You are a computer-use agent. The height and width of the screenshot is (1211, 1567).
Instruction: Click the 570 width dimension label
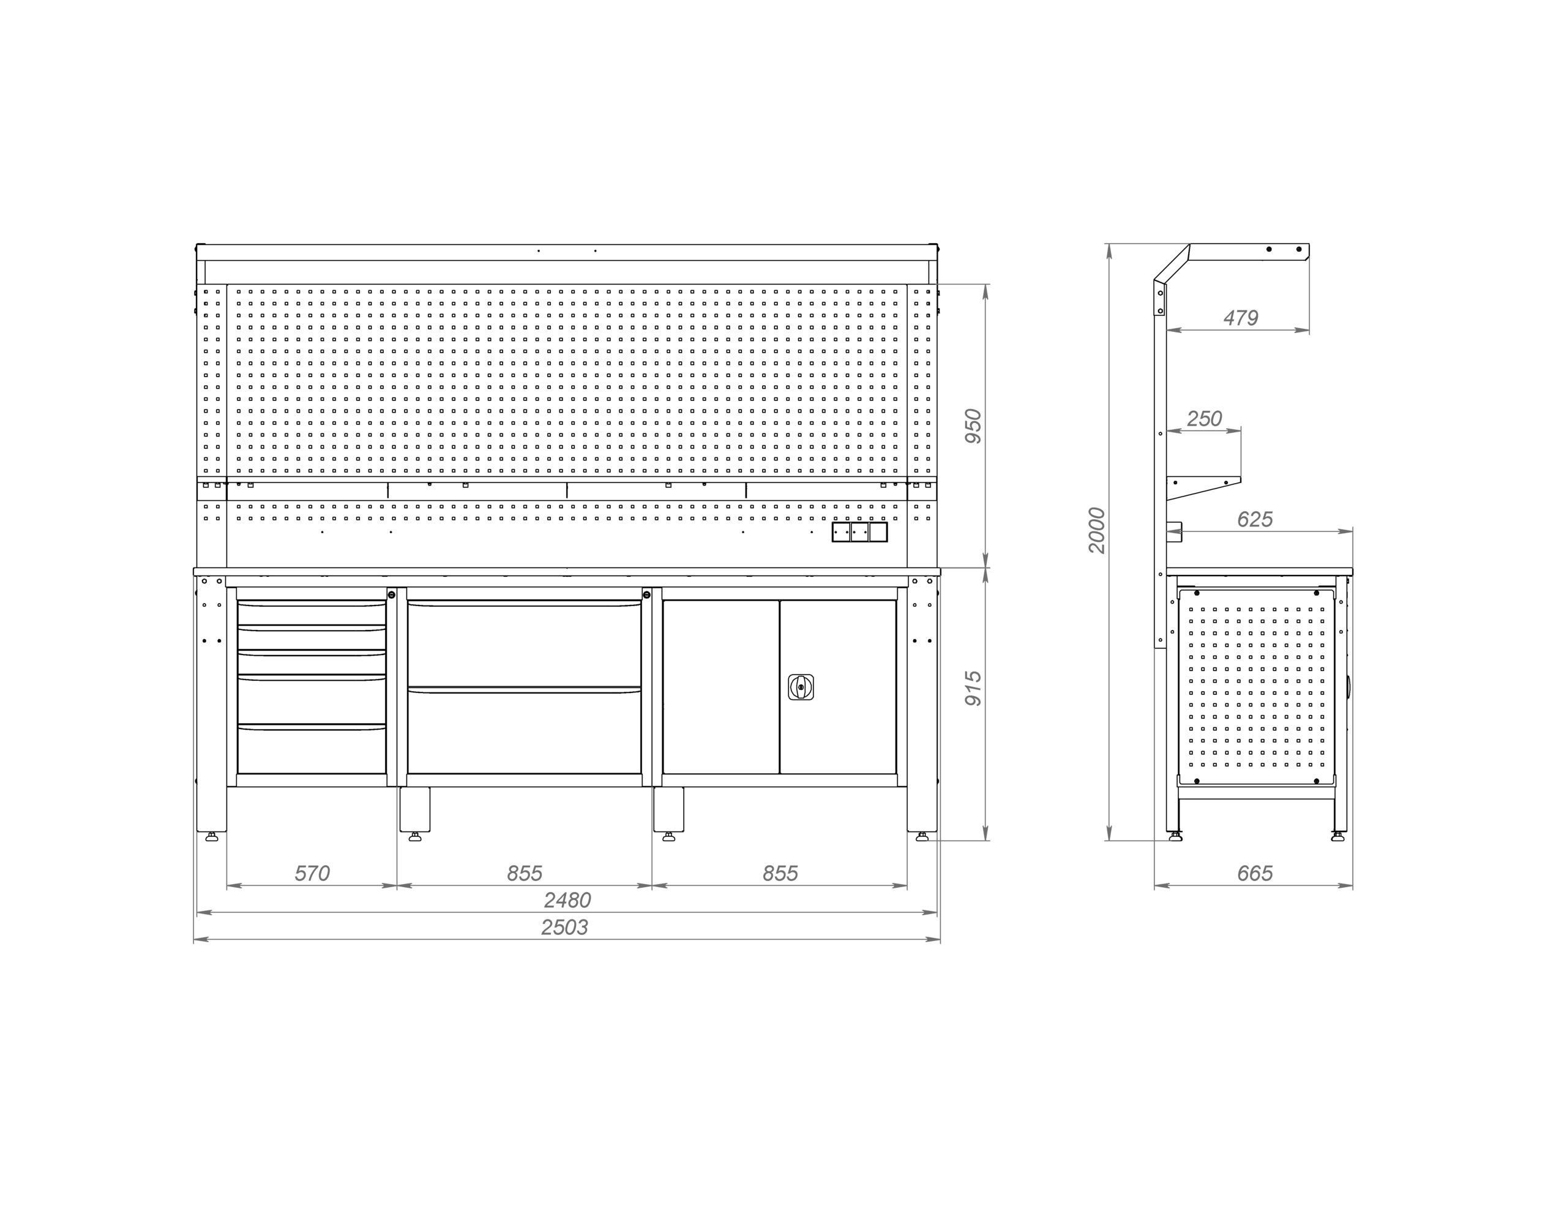pos(312,873)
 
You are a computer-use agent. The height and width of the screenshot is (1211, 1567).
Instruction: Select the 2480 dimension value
pos(567,900)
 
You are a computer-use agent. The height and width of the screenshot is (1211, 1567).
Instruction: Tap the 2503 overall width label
pos(564,928)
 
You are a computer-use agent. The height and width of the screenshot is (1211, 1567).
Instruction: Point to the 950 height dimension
pos(972,426)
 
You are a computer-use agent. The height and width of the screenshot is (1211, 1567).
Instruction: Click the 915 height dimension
pos(972,688)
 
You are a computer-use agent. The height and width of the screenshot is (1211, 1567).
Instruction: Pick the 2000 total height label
pos(1097,530)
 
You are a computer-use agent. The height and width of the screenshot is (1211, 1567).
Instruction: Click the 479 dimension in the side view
pos(1241,317)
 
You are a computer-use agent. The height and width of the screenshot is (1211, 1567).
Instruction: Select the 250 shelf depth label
pos(1204,419)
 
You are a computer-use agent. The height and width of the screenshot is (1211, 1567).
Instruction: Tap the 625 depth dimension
pos(1255,519)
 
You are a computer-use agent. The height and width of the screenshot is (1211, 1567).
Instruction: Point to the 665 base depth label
pos(1255,873)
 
